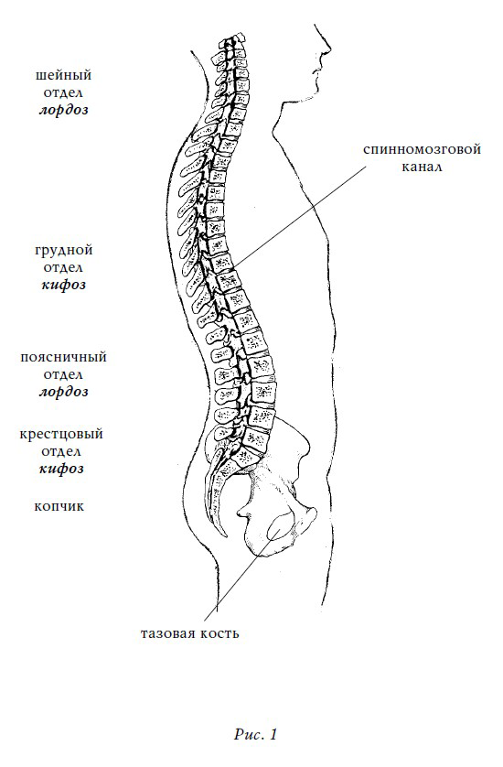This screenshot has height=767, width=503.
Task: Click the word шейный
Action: [x=63, y=75]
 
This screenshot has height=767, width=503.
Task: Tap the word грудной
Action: [x=63, y=251]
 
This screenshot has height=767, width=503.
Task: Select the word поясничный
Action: [x=63, y=357]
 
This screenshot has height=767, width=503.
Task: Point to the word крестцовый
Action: [x=61, y=435]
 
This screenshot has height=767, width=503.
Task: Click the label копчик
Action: [x=59, y=506]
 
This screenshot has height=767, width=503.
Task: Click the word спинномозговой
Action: [x=422, y=149]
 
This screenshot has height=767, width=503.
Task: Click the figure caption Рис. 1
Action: [x=256, y=734]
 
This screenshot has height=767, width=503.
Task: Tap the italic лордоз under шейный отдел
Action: [x=63, y=110]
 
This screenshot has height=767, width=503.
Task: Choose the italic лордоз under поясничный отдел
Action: [x=63, y=392]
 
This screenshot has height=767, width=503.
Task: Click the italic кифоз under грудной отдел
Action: [x=63, y=285]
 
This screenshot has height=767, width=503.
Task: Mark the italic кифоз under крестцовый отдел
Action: [x=61, y=469]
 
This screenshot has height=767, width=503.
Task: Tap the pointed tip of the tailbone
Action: [x=225, y=536]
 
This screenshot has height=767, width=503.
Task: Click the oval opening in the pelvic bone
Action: [x=281, y=528]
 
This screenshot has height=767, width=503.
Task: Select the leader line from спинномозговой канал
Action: [x=299, y=216]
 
